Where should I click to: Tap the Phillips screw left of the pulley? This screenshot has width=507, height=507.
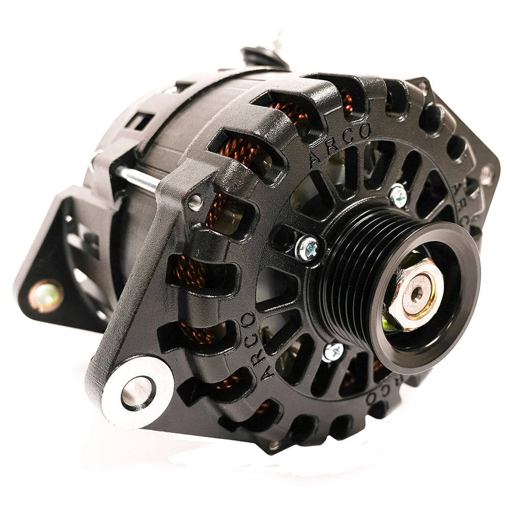307,249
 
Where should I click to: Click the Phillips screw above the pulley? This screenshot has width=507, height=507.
398,195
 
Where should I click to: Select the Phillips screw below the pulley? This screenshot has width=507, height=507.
333,351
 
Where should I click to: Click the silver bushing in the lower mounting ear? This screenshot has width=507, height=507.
137,391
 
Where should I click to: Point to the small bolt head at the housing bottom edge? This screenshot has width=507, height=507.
274,446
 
